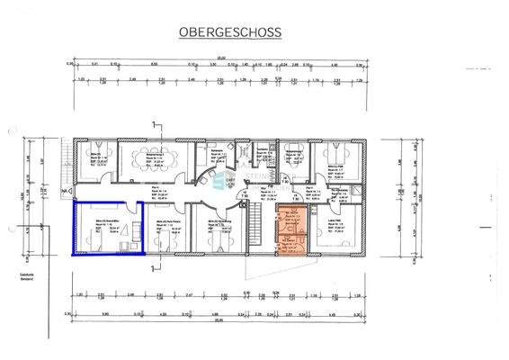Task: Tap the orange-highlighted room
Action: pos(291,231)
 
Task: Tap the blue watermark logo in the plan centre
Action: pos(219,184)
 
